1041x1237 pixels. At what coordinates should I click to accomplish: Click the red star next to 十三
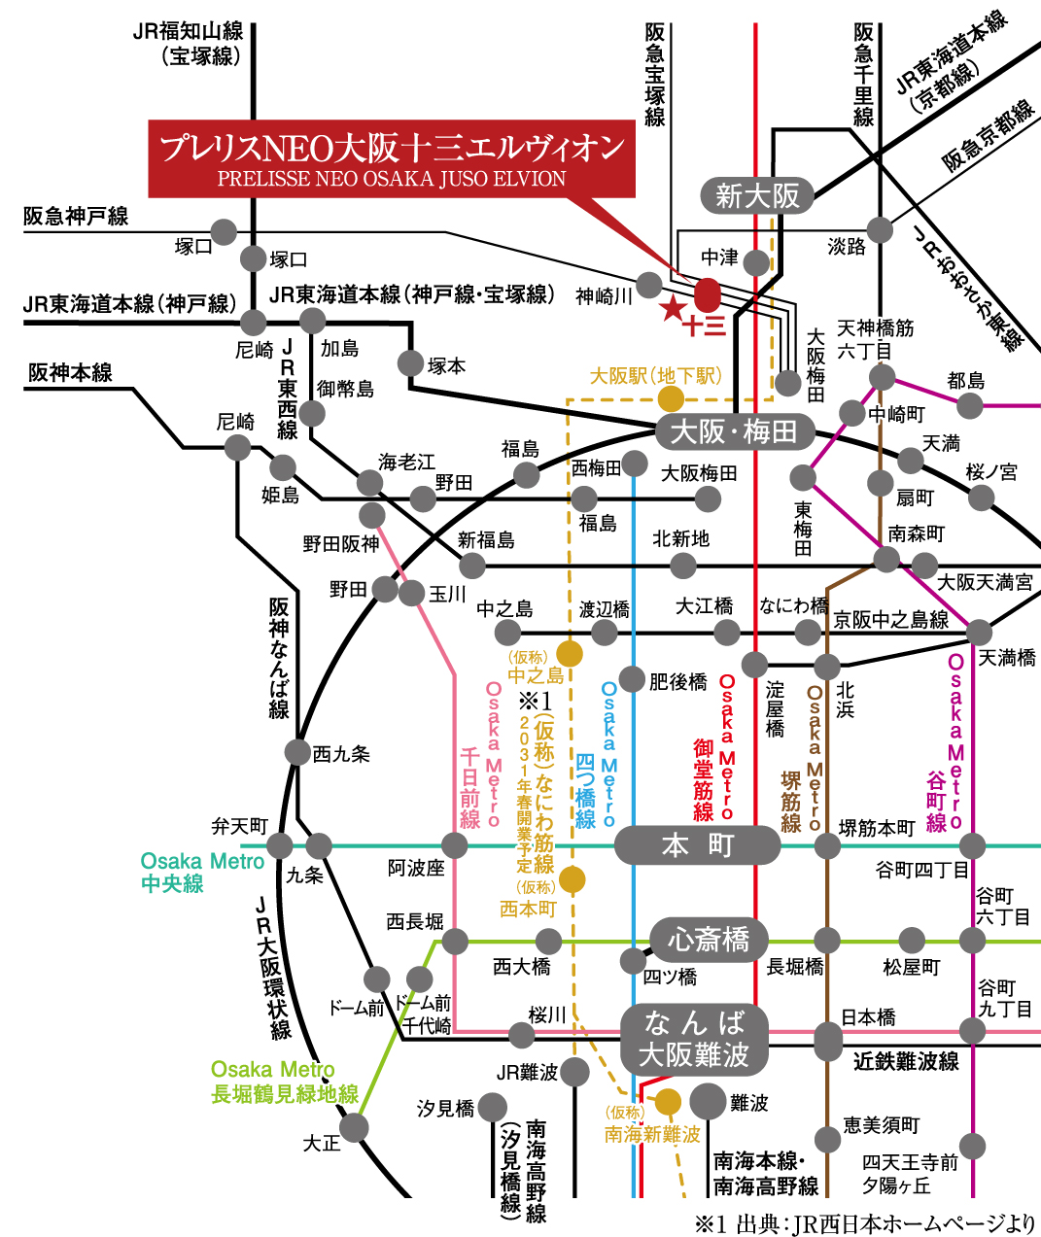pos(673,310)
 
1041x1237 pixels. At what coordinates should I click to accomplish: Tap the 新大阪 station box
pos(757,196)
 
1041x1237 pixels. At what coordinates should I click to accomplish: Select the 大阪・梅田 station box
pos(734,431)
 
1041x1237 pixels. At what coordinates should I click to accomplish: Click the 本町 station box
pos(697,845)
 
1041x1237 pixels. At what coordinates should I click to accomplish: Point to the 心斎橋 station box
pos(709,940)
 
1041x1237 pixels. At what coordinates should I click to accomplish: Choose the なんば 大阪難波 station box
pos(694,1039)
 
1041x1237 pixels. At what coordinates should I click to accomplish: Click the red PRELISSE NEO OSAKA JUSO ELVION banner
pos(392,159)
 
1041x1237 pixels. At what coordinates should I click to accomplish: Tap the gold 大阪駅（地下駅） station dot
pos(671,398)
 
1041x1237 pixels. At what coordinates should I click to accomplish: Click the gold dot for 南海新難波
pos(668,1102)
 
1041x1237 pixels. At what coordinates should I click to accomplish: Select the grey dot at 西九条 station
pos(297,752)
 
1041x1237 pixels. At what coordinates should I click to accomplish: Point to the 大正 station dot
pos(354,1127)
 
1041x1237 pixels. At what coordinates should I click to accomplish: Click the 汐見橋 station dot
pos(493,1107)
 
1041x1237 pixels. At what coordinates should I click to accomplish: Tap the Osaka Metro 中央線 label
pos(201,872)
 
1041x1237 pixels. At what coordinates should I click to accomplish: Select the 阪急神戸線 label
pos(76,217)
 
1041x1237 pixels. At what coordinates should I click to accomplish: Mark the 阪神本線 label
pos(70,372)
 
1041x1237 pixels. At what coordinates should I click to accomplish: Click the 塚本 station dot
pos(411,363)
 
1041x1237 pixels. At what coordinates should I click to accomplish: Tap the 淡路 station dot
pos(880,230)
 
